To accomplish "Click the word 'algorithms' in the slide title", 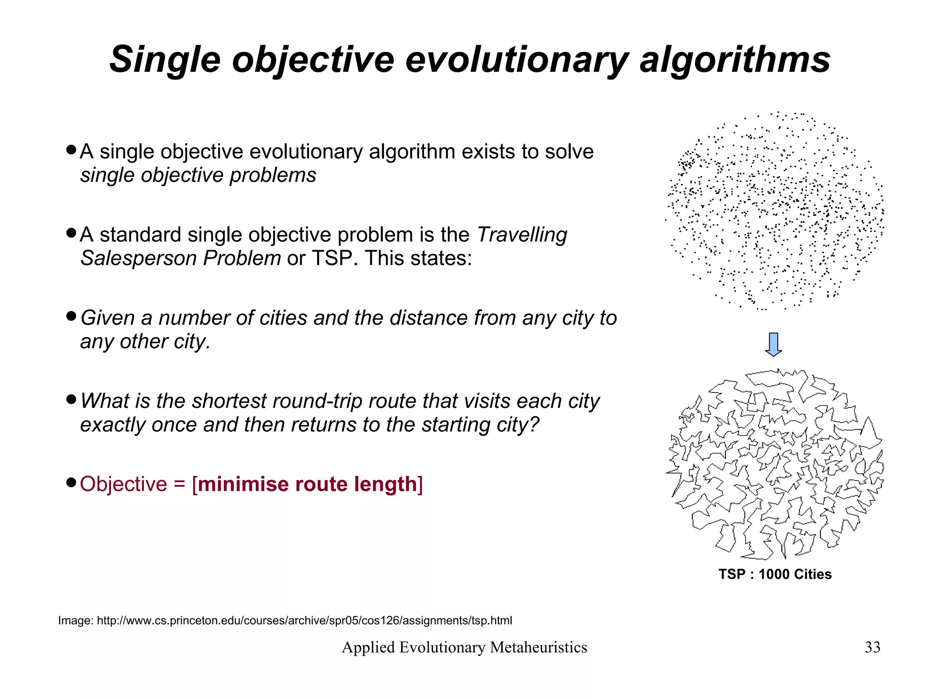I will click(735, 60).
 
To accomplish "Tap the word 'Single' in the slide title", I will click(165, 60).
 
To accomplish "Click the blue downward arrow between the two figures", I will click(773, 345).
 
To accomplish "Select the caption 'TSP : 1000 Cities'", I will click(775, 574).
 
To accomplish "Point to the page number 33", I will click(872, 647).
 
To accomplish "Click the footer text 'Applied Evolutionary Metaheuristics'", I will click(464, 647).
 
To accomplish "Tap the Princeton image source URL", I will click(304, 621).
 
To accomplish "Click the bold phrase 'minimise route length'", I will click(308, 484).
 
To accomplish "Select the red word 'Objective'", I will click(123, 484).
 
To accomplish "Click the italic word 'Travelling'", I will click(522, 235).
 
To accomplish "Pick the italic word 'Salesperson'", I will click(138, 258).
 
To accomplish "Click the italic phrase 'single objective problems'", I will click(198, 175).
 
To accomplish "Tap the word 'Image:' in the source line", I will click(76, 621).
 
